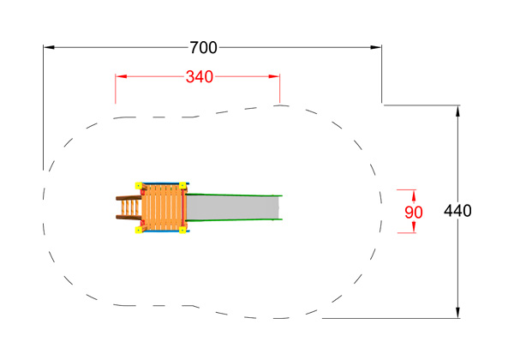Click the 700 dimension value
(x=203, y=48)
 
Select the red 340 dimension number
(x=200, y=77)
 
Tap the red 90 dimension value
(x=414, y=213)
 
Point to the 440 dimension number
(x=457, y=211)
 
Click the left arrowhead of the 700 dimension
(x=49, y=47)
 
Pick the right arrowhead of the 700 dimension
(x=376, y=47)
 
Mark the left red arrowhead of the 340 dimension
(x=121, y=77)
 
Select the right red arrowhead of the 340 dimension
(x=274, y=77)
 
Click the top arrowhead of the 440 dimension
(x=458, y=111)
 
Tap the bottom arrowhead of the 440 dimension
(x=458, y=313)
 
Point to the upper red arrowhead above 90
(x=414, y=195)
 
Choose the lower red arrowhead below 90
(x=414, y=227)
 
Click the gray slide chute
(x=232, y=208)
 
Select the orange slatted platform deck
(x=162, y=207)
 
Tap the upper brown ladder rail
(x=128, y=198)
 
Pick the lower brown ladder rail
(x=128, y=217)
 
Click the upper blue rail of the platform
(x=161, y=183)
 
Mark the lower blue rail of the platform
(x=161, y=231)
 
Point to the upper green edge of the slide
(x=234, y=195)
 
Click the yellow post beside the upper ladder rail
(x=139, y=186)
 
